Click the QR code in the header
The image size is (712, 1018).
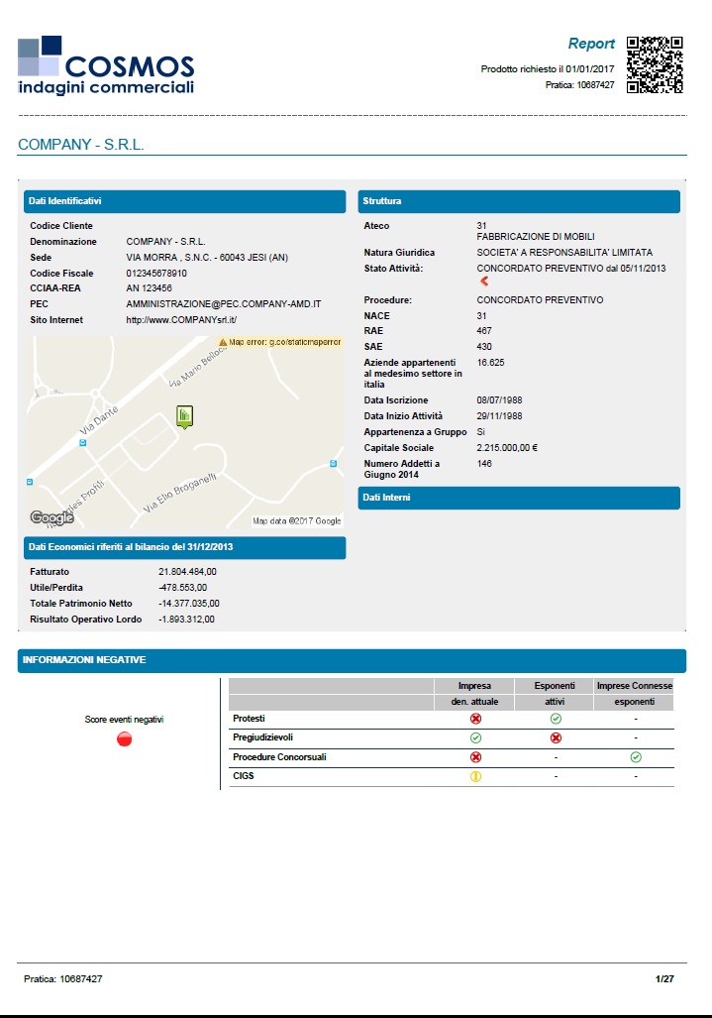[656, 64]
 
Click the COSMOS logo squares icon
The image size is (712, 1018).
[40, 57]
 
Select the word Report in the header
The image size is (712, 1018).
[591, 44]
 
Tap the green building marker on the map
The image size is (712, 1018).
[184, 416]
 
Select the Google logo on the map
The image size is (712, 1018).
[51, 517]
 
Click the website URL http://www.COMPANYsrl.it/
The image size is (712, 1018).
[182, 320]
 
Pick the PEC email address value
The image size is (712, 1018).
[224, 304]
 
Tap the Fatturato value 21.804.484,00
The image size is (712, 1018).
[187, 572]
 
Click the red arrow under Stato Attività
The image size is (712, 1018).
[484, 282]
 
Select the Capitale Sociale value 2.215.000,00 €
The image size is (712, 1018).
[507, 448]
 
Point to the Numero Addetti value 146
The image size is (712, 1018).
[484, 464]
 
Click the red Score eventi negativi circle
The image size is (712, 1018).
[125, 739]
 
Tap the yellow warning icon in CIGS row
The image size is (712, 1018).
[475, 777]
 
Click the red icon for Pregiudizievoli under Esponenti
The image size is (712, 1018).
[556, 737]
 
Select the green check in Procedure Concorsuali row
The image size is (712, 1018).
[636, 757]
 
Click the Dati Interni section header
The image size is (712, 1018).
[519, 498]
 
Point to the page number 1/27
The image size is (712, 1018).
[664, 978]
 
